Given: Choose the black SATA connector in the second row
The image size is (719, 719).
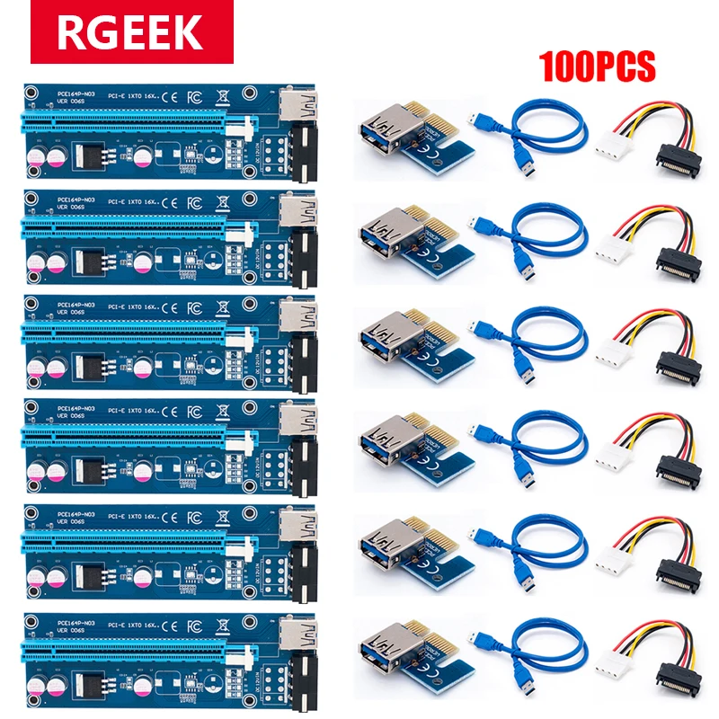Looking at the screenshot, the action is pyautogui.click(x=679, y=258).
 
